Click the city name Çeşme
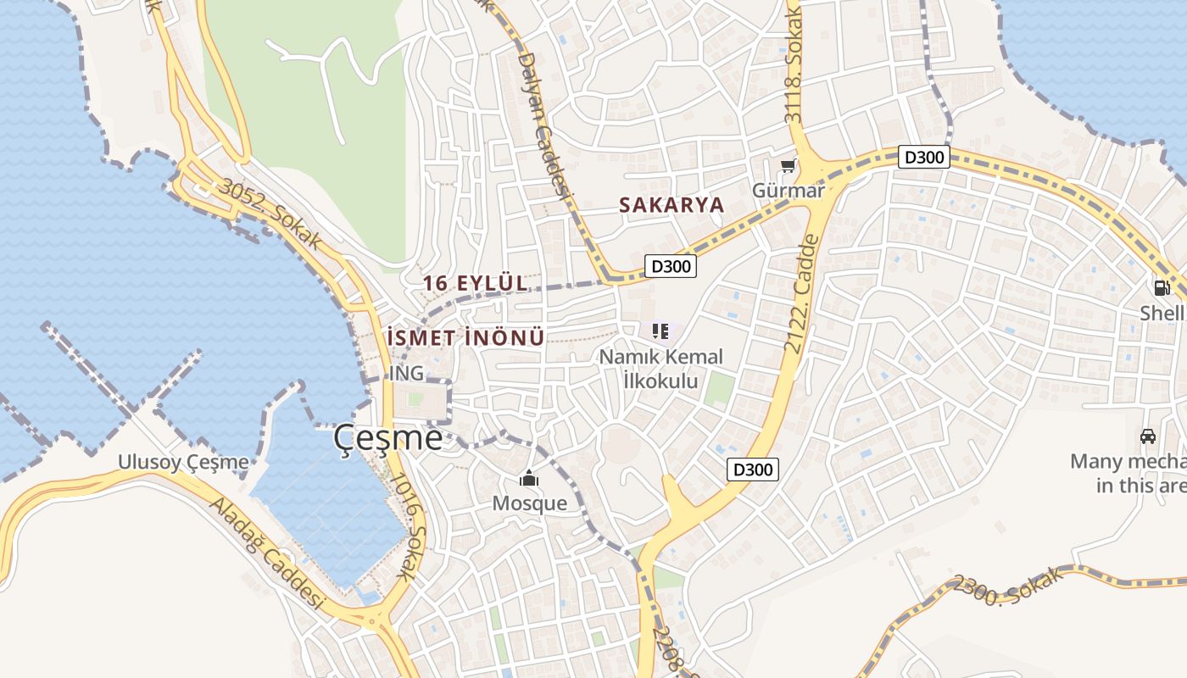[387, 438]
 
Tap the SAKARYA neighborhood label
[672, 205]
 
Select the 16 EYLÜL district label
[475, 283]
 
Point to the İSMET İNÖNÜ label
[465, 337]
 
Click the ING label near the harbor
[406, 374]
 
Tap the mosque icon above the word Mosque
[529, 480]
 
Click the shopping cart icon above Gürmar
[789, 167]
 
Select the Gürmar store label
[788, 191]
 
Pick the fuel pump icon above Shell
[1161, 287]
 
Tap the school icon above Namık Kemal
[660, 331]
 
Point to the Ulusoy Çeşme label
[184, 463]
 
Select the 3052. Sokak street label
[270, 214]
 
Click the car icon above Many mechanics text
[1147, 436]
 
